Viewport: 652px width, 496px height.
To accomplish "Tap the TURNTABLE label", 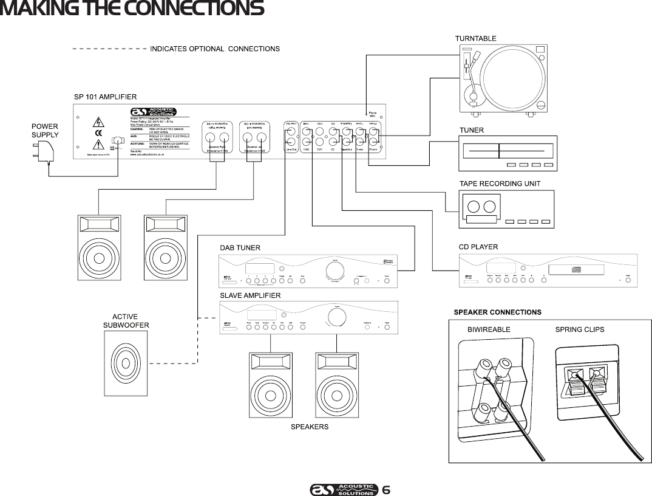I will point(475,38).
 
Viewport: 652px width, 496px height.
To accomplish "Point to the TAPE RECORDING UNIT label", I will point(500,183).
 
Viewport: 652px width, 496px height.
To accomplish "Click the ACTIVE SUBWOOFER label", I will point(126,321).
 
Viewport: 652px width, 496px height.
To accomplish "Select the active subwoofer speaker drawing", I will point(125,363).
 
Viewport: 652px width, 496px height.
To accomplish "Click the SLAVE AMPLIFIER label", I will point(250,295).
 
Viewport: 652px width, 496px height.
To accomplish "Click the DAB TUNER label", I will point(240,247).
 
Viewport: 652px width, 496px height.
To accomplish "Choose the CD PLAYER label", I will point(478,247).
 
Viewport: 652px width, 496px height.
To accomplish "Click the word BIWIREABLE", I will point(489,329).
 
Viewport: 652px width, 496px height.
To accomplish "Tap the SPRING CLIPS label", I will point(580,329).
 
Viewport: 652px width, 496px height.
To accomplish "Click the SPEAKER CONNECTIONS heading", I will point(497,312).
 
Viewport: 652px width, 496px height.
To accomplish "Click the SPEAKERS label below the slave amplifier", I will point(310,427).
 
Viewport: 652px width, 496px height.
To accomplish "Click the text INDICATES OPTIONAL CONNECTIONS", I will point(214,49).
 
